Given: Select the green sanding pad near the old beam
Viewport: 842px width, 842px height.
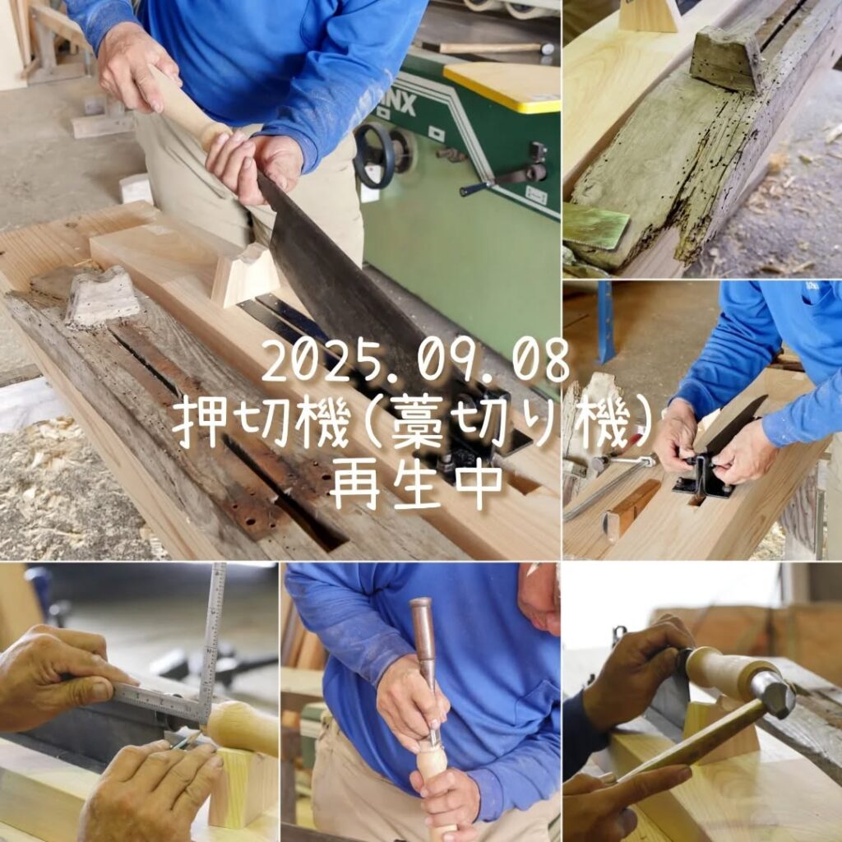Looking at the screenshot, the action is pyautogui.click(x=596, y=227).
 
